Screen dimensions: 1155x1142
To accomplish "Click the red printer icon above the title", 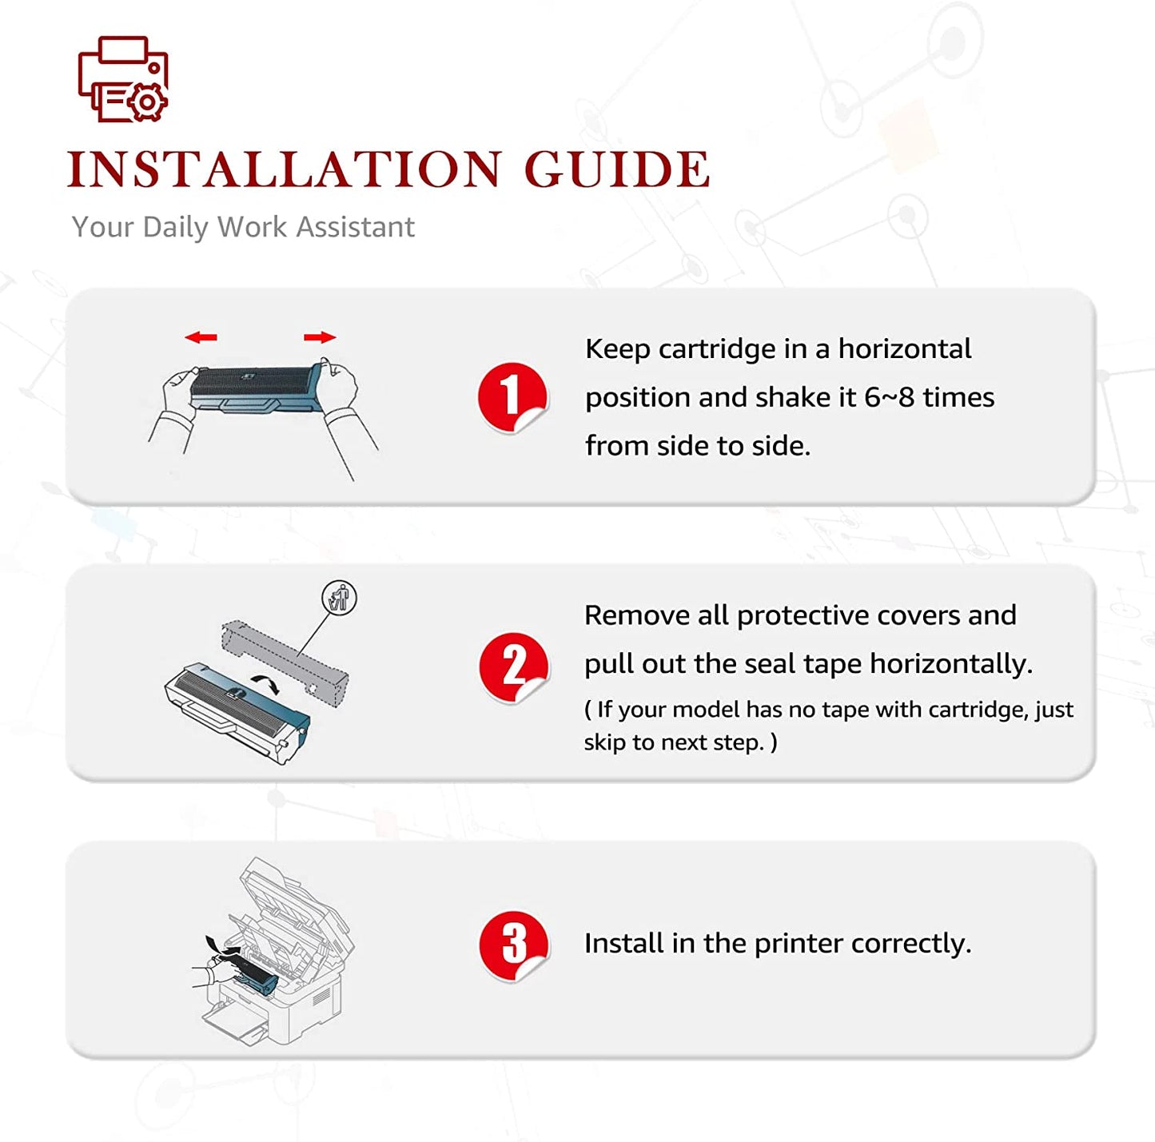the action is pos(123,79).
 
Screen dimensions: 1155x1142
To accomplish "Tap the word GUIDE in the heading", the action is pos(617,169).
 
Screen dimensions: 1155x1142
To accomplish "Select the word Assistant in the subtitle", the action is pos(356,227).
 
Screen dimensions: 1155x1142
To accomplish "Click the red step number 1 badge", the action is pos(512,397).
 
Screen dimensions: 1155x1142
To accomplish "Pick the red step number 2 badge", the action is pos(514,666).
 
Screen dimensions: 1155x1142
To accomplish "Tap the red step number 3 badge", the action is pos(514,946).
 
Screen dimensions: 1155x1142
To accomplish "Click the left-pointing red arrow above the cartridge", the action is pos(201,337).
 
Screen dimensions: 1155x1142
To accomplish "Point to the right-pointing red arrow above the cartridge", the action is pos(320,337).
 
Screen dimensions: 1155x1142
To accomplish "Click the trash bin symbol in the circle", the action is pos(339,598).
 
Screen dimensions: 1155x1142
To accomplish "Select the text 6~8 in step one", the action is pos(890,397).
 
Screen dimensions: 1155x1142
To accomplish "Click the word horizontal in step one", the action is pos(905,349).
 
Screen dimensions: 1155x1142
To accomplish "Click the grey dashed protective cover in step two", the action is pos(285,663).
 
